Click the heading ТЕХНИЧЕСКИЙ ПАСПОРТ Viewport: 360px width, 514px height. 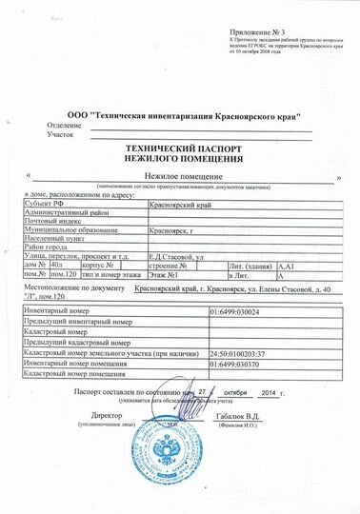(179, 150)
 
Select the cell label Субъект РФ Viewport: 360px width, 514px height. (41, 204)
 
